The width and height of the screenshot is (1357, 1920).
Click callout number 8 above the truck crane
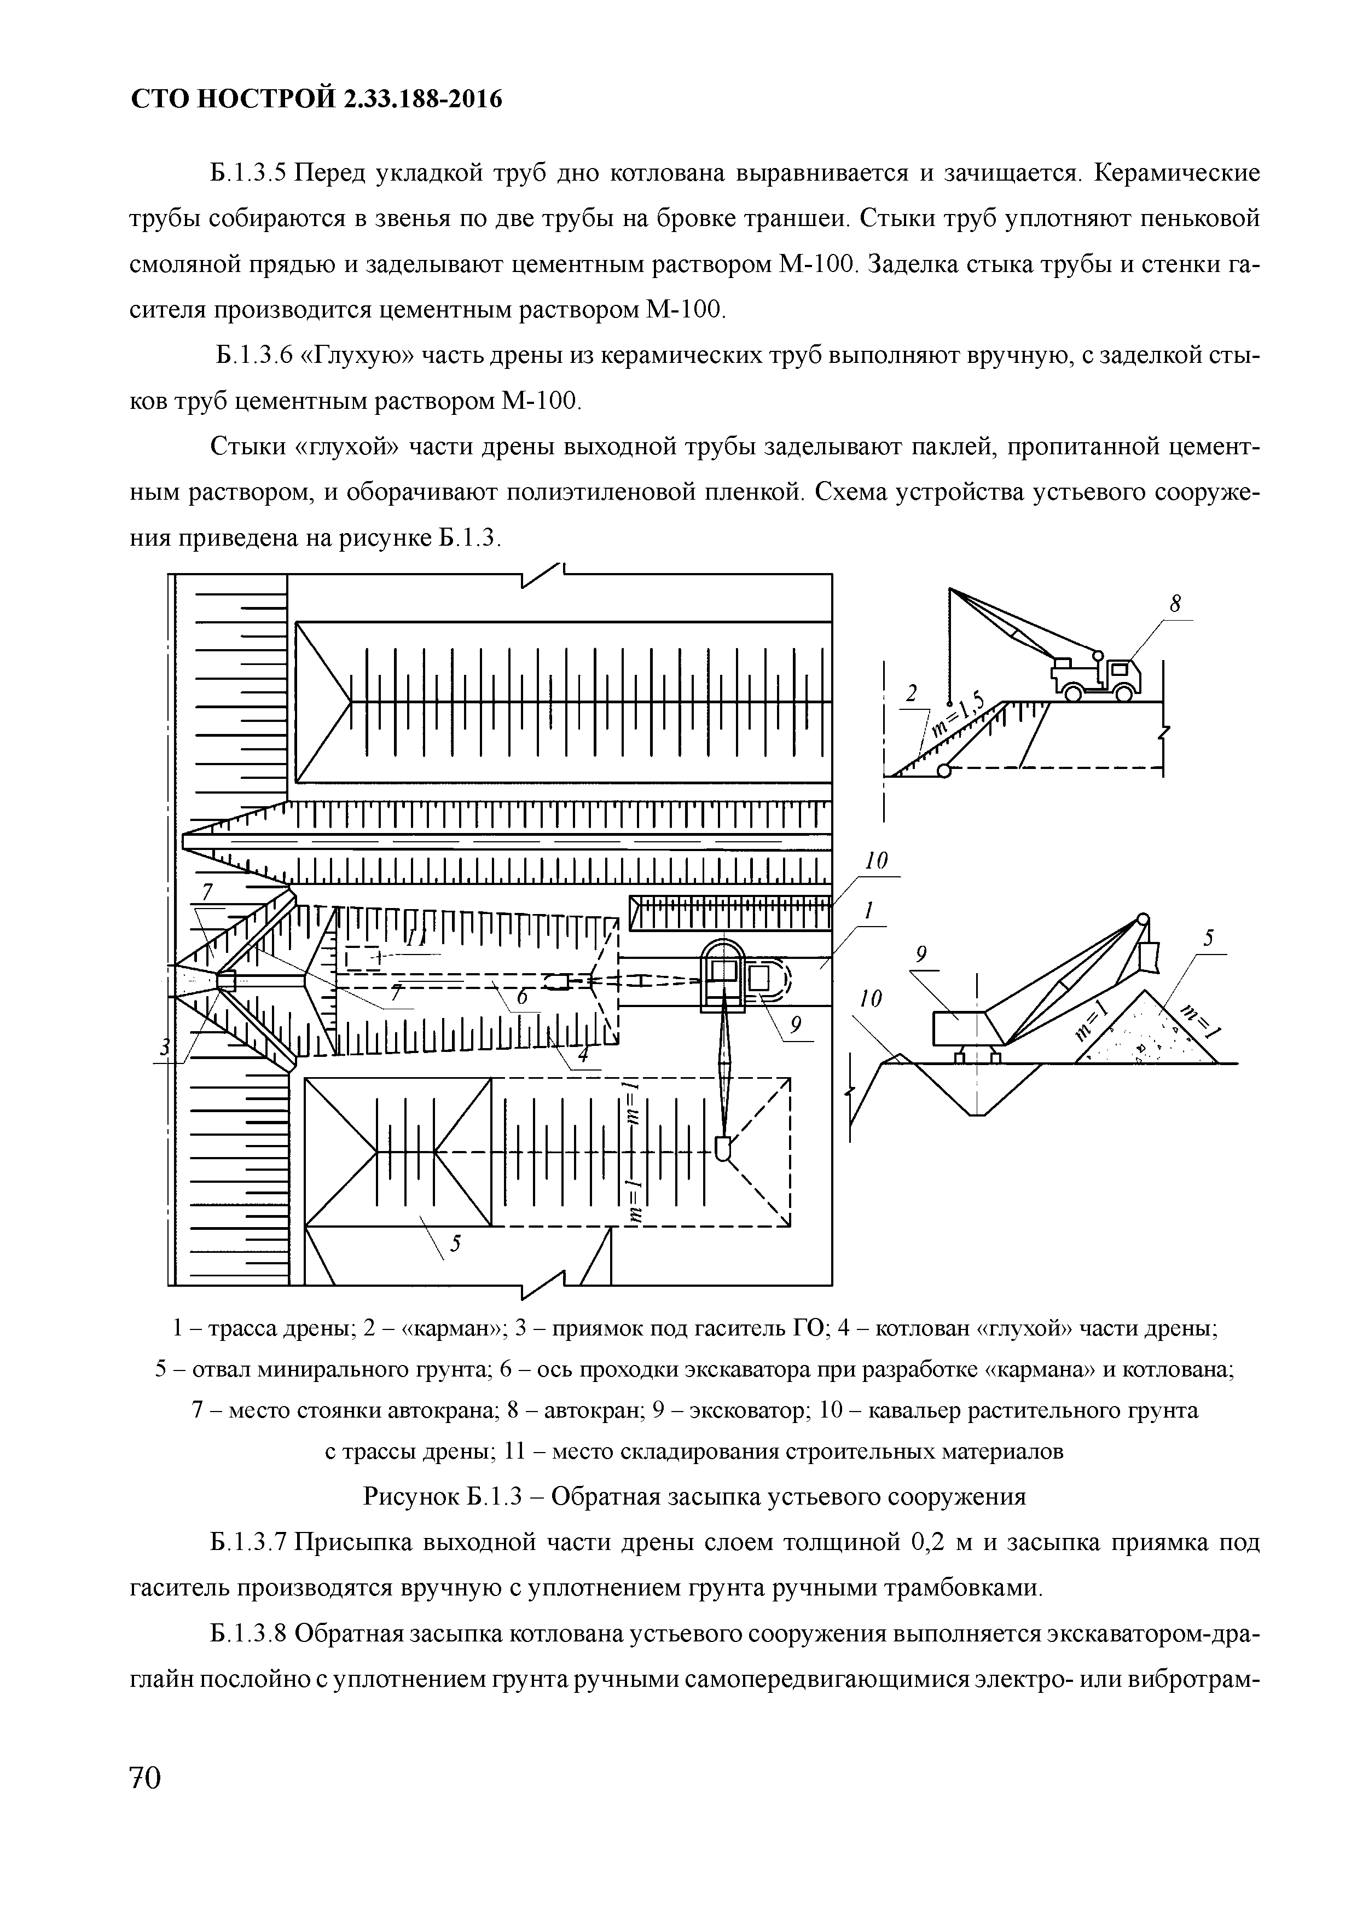tap(1175, 604)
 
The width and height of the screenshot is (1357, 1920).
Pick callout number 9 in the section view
tap(921, 954)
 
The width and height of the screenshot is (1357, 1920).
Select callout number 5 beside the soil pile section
tap(1207, 940)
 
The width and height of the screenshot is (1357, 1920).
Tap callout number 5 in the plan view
tap(456, 1244)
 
